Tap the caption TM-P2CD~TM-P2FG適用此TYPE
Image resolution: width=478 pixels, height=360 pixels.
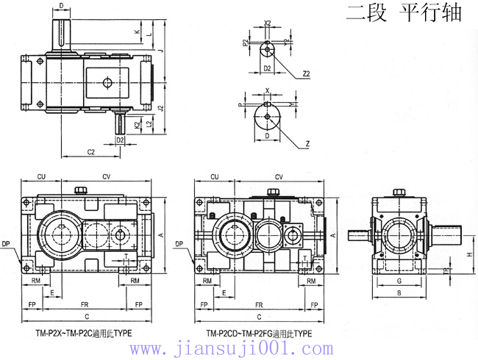point(259,333)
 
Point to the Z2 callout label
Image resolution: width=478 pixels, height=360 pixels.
point(306,74)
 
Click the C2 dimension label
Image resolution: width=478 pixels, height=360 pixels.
point(91,152)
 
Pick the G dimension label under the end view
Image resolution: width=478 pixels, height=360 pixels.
point(399,281)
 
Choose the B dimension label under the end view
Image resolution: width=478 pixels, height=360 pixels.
point(399,293)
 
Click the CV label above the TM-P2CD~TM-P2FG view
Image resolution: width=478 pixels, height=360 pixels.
point(279,177)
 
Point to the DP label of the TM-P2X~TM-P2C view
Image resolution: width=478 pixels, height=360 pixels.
point(7,243)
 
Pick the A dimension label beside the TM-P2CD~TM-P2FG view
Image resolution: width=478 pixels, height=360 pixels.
point(332,235)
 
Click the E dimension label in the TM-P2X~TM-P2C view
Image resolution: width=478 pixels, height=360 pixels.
point(51,292)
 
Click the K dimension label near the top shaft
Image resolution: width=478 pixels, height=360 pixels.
point(138,33)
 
